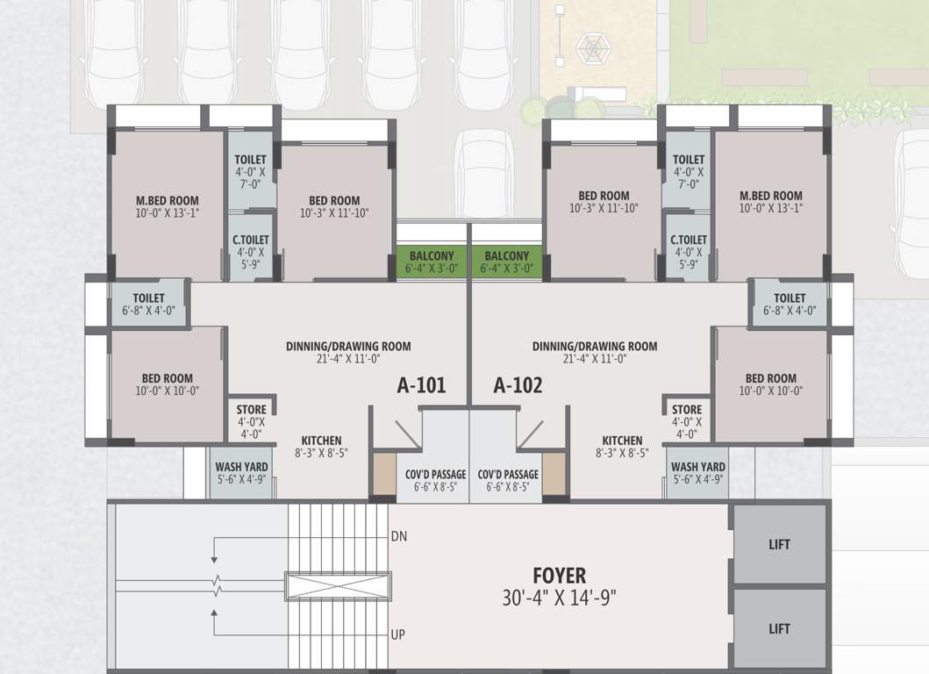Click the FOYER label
pos(559,576)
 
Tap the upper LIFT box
pos(779,544)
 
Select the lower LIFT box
pos(779,628)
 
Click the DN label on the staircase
pos(398,535)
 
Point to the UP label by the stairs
pos(397,635)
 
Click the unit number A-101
pos(421,385)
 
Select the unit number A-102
pos(518,385)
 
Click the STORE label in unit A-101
pos(252,410)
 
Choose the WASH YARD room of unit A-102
pos(697,473)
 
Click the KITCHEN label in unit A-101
pos(321,441)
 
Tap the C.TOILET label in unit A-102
pos(689,240)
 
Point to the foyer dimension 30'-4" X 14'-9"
pos(559,599)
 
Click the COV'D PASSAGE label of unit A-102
pos(508,475)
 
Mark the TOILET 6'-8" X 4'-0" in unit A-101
pos(149,304)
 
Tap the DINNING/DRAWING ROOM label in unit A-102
pos(594,346)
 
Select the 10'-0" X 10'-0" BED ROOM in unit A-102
pos(770,384)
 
